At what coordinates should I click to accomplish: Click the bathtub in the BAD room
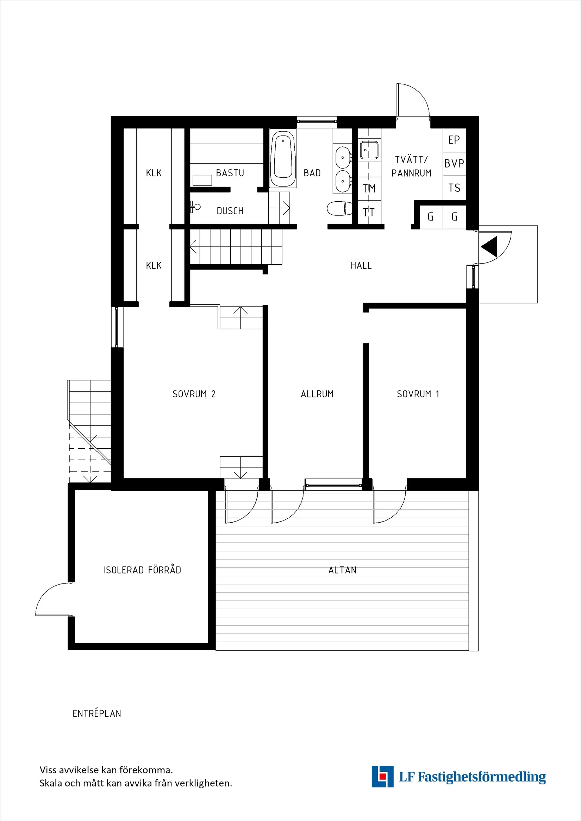pos(283,159)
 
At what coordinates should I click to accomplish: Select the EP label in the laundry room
pos(454,140)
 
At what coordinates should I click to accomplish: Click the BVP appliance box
pos(454,164)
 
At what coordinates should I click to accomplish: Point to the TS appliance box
pos(454,188)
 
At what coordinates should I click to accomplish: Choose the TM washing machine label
pos(369,188)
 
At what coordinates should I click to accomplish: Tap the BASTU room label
pos(230,173)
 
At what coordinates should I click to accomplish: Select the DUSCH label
pos(230,211)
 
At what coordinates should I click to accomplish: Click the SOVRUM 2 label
pos(194,394)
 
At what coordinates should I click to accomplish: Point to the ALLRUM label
pos(317,394)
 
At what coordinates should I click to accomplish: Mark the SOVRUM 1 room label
pos(418,394)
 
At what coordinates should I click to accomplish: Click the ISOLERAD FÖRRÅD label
pos(142,570)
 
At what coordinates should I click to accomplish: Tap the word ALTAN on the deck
pos(342,570)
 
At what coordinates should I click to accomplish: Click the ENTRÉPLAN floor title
pos(96,714)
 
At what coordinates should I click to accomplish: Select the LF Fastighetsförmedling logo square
pos(382,776)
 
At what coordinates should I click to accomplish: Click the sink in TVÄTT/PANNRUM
pos(369,150)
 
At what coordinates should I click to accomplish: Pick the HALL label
pos(361,266)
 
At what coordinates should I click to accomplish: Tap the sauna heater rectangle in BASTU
pos(202,180)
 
